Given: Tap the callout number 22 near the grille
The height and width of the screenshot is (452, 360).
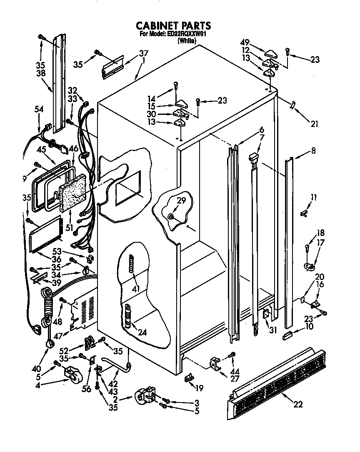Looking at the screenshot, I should point(297,404).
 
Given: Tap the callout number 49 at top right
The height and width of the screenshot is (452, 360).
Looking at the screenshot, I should point(245,42).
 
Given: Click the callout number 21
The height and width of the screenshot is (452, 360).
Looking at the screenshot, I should point(314,123).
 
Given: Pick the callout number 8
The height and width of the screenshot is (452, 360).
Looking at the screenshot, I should point(313,151).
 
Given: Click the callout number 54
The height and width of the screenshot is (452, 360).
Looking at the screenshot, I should point(39,109).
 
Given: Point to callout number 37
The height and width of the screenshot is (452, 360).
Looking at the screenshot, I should point(144,53).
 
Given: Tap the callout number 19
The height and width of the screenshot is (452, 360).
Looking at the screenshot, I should point(199,388).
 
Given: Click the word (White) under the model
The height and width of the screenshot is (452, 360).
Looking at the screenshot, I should point(186,41).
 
